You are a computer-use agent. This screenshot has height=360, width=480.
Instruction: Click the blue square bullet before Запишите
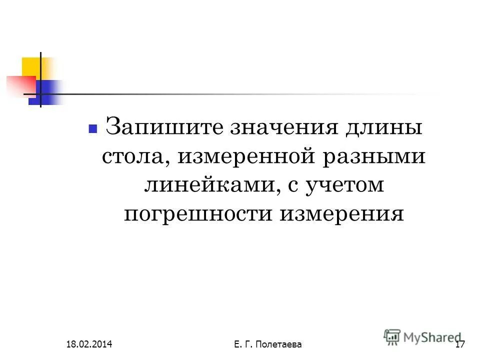(92, 128)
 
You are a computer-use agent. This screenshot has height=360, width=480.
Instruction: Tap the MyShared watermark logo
(422, 336)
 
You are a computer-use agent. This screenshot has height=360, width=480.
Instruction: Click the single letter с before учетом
(291, 186)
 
